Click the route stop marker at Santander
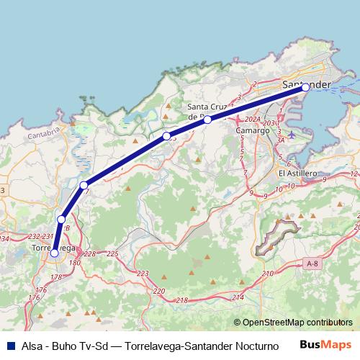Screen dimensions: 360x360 (x=305, y=87)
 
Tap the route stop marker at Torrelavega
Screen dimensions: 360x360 (x=54, y=252)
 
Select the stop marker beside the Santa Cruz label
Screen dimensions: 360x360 (x=207, y=120)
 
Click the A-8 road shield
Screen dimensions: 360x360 (x=312, y=264)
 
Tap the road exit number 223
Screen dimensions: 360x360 (x=143, y=274)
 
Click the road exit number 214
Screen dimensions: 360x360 (x=238, y=297)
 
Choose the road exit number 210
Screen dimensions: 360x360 (x=269, y=274)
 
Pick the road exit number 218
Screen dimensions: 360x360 (x=182, y=300)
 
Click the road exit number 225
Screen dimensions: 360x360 (x=112, y=254)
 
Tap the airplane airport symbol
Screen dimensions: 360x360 (x=291, y=135)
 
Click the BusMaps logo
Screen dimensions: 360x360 (x=325, y=344)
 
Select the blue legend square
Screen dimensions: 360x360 (x=12, y=345)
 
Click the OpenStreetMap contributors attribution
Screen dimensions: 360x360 (x=293, y=323)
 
